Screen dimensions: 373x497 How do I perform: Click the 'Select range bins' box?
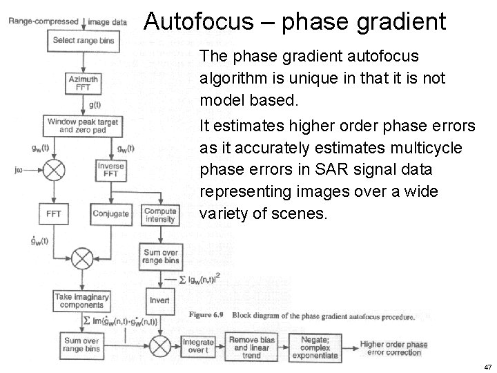point(84,41)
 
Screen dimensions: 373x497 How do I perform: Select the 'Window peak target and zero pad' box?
point(83,126)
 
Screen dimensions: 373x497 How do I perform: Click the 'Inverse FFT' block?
point(110,169)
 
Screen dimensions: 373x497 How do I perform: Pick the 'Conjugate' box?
point(110,213)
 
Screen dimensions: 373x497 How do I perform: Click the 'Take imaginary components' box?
point(82,301)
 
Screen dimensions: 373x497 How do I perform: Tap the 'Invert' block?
point(159,300)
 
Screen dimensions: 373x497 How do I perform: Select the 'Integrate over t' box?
point(199,346)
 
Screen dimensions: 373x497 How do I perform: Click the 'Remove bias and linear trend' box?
point(252,346)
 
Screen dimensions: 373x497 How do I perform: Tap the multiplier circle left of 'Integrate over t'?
point(159,345)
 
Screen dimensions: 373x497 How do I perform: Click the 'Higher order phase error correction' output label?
point(393,348)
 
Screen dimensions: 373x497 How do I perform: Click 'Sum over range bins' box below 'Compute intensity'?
point(160,257)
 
